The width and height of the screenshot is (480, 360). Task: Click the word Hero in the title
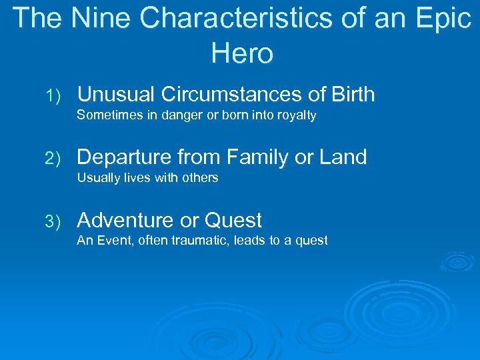[x=242, y=53]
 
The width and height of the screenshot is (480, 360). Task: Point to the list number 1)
[x=54, y=96]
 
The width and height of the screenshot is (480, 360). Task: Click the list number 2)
[x=54, y=159]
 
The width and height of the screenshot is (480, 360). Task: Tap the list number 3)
[x=54, y=221]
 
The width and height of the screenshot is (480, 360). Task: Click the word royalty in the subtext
[x=295, y=116]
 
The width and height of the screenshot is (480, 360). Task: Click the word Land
[x=342, y=157]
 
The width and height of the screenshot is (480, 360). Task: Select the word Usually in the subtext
[x=97, y=178]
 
